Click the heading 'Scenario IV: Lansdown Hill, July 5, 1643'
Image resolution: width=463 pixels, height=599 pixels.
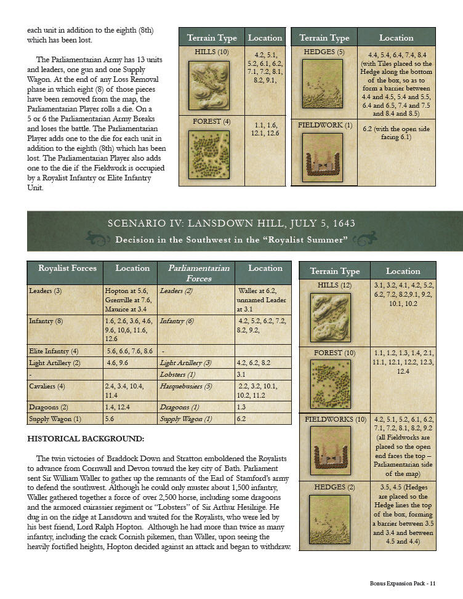point(231,223)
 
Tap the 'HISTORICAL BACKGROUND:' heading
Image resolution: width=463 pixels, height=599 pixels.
point(86,438)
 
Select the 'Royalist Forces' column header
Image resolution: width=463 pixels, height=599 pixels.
point(64,268)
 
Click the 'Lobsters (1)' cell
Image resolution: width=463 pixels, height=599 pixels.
point(177,374)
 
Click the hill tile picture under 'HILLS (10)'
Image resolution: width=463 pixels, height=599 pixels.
point(209,85)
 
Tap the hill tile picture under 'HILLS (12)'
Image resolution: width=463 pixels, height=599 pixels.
point(331,317)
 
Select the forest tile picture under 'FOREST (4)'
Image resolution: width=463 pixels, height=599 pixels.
point(209,155)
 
